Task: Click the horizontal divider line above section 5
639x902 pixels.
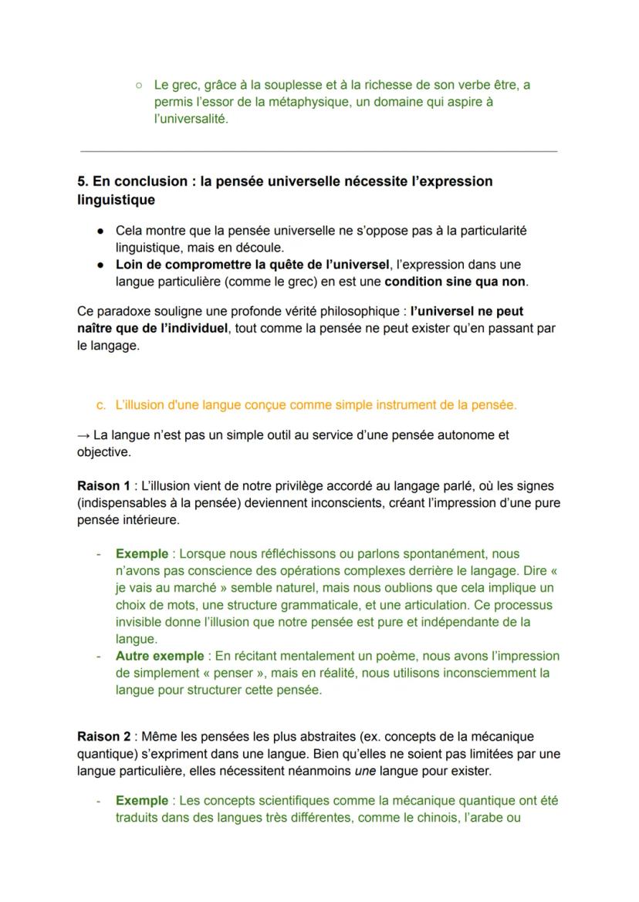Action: pyautogui.click(x=319, y=151)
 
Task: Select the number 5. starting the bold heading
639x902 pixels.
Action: pyautogui.click(x=83, y=181)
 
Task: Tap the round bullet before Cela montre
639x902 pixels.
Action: pyautogui.click(x=101, y=231)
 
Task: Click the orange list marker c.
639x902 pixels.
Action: pyautogui.click(x=100, y=404)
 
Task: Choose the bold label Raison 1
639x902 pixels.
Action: pyautogui.click(x=103, y=486)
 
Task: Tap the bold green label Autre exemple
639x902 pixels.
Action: pyautogui.click(x=160, y=656)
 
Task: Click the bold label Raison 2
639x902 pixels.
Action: pyautogui.click(x=103, y=737)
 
